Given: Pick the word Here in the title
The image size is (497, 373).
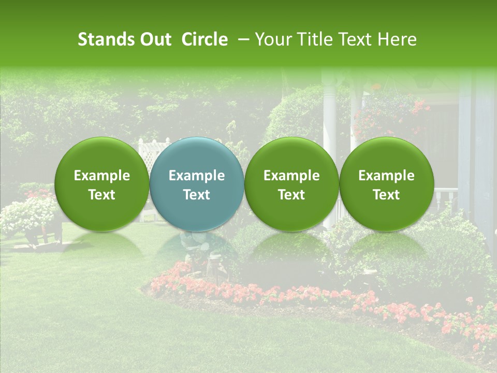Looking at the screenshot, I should [x=397, y=40].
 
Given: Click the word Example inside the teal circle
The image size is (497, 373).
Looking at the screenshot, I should [x=197, y=176].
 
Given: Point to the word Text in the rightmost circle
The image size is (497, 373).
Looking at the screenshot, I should [x=386, y=195].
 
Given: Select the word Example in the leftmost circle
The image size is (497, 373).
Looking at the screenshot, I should [x=102, y=176].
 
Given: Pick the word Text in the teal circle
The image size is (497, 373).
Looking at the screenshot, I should [x=197, y=195].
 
